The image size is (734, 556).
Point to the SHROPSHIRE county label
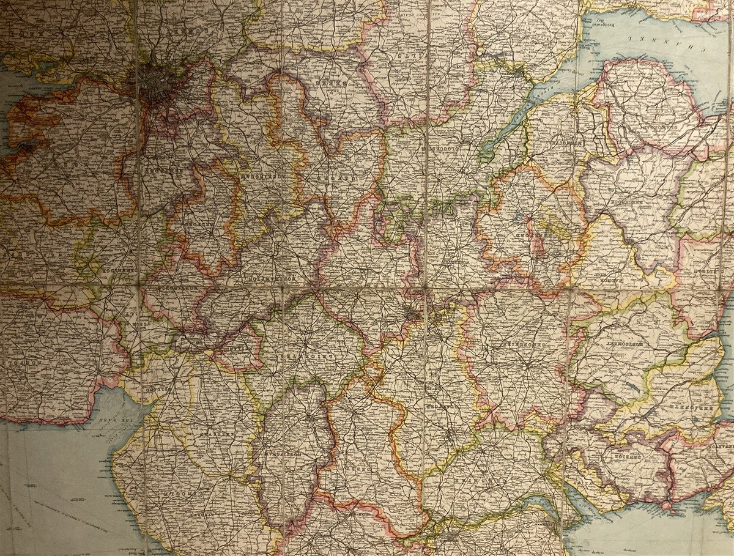coord(517,346)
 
